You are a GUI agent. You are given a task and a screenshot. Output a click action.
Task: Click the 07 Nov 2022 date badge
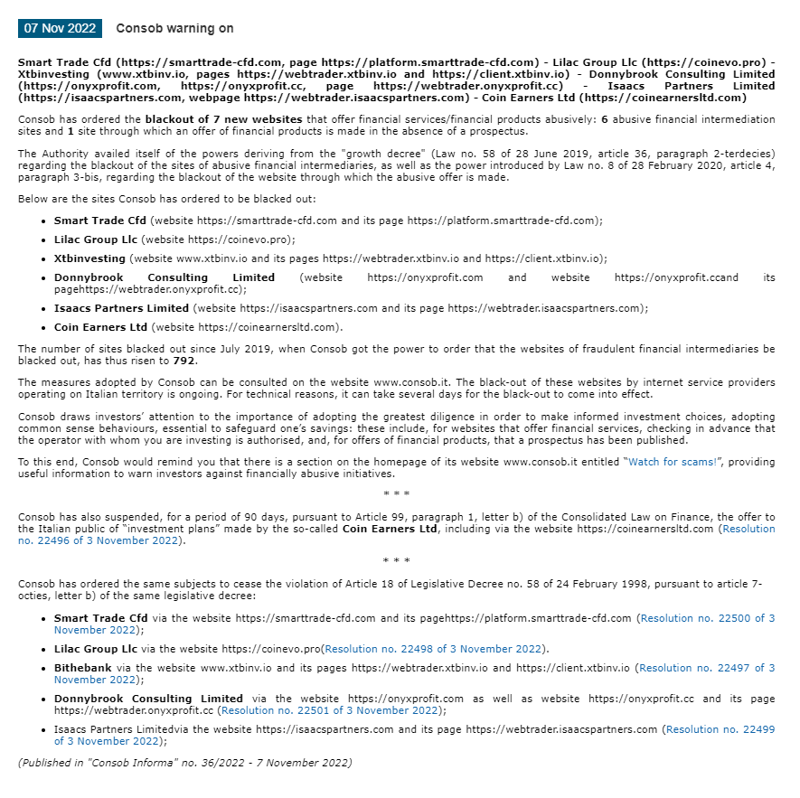click(x=60, y=28)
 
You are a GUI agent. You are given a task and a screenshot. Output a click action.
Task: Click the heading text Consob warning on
click(x=174, y=29)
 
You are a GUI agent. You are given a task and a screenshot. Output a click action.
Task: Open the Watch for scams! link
click(x=673, y=462)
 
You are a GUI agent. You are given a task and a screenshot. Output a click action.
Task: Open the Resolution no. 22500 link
click(x=707, y=618)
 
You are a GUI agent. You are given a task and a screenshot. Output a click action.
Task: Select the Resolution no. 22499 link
click(x=720, y=728)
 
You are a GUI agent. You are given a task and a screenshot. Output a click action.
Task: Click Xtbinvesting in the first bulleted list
click(x=89, y=258)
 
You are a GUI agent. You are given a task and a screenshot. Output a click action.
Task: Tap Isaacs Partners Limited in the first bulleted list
click(x=121, y=308)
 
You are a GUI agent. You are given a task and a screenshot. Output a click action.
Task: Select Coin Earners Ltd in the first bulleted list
click(x=100, y=327)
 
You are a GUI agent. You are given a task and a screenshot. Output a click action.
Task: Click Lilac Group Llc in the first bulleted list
click(x=96, y=239)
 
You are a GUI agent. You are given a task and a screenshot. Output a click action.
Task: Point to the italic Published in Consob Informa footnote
click(x=184, y=762)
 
